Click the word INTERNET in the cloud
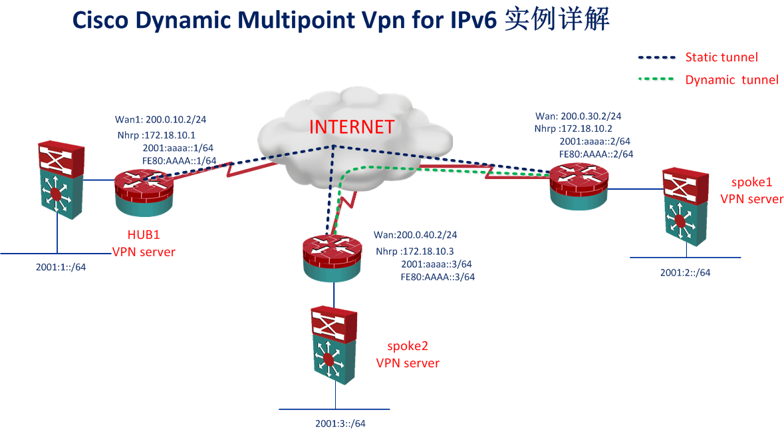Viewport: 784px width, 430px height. pyautogui.click(x=352, y=126)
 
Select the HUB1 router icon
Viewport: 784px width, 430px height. pyautogui.click(x=143, y=192)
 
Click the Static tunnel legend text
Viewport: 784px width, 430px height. pyautogui.click(x=721, y=57)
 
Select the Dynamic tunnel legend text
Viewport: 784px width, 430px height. pyautogui.click(x=731, y=80)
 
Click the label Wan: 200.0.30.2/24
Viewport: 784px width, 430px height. pyautogui.click(x=578, y=116)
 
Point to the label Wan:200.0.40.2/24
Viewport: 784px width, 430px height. pyautogui.click(x=415, y=235)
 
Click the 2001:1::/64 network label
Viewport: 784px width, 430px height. pyautogui.click(x=61, y=268)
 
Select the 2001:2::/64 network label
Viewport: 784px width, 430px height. pyautogui.click(x=685, y=272)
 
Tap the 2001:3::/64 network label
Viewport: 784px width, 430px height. pyautogui.click(x=340, y=423)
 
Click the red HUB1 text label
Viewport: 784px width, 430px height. pyautogui.click(x=144, y=236)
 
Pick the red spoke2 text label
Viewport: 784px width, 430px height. pyautogui.click(x=408, y=346)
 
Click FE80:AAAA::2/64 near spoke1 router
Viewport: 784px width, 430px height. pyautogui.click(x=596, y=154)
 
